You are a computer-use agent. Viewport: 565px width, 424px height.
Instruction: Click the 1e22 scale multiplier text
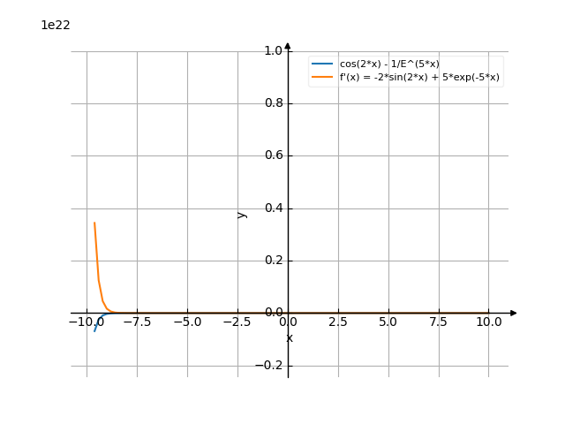[x=56, y=25]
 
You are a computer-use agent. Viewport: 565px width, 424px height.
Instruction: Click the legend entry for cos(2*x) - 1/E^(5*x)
[x=389, y=64]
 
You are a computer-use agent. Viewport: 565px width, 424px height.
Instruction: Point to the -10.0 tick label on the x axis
[x=85, y=323]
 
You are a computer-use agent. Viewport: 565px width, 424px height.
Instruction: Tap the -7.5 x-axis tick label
[x=136, y=323]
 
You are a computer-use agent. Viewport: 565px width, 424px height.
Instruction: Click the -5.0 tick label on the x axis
[x=186, y=323]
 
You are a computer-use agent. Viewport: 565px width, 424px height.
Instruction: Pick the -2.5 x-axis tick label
[x=237, y=323]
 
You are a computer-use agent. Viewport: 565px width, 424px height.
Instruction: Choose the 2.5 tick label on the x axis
[x=338, y=323]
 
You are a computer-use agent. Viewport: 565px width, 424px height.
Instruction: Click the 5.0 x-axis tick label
[x=388, y=323]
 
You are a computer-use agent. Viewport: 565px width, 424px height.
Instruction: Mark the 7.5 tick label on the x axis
[x=439, y=323]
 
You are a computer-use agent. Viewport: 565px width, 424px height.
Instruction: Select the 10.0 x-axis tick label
[x=489, y=323]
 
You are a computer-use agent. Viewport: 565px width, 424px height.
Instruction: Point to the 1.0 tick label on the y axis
[x=273, y=51]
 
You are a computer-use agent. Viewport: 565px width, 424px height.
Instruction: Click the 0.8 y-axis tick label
[x=273, y=103]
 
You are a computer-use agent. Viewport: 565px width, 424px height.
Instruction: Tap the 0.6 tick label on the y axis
[x=273, y=156]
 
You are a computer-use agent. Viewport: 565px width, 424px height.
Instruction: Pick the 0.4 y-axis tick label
[x=273, y=208]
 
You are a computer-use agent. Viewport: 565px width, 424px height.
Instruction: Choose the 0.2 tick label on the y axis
[x=273, y=261]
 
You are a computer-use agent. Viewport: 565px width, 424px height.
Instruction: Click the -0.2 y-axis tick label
[x=270, y=366]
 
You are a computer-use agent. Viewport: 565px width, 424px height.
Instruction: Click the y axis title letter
[x=242, y=215]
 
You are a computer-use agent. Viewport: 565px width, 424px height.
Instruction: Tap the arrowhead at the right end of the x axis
[x=514, y=313]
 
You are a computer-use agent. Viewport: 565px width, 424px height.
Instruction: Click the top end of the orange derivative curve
[x=94, y=223]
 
